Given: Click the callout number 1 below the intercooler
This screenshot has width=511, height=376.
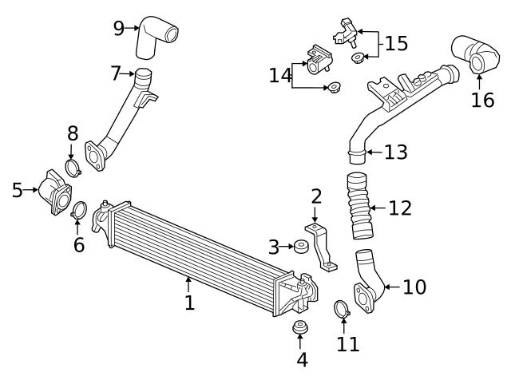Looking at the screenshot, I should tap(189, 303).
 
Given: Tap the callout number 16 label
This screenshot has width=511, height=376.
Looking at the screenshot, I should tap(481, 99).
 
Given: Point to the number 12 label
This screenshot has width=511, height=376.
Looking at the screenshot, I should tap(399, 208).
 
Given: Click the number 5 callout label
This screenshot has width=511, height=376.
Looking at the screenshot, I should tap(18, 190).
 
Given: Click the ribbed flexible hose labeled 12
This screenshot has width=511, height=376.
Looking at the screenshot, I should tap(360, 206).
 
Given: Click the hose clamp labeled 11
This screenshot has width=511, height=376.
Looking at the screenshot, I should tap(341, 307).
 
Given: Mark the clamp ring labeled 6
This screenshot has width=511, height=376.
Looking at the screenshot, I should tap(79, 211).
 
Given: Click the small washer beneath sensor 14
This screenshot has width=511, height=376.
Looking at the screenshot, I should tap(332, 86).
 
